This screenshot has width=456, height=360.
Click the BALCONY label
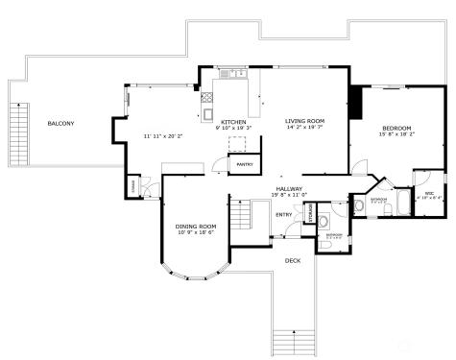coord(60,123)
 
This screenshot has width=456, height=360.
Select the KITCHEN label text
coord(233,122)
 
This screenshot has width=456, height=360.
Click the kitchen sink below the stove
coord(208,114)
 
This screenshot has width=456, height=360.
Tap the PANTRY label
coord(245,164)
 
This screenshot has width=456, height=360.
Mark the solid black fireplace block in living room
coord(355,100)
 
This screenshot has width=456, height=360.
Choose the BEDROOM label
coord(396,128)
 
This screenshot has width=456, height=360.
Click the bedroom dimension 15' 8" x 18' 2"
coord(396,135)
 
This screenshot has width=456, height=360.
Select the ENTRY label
coord(283,214)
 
